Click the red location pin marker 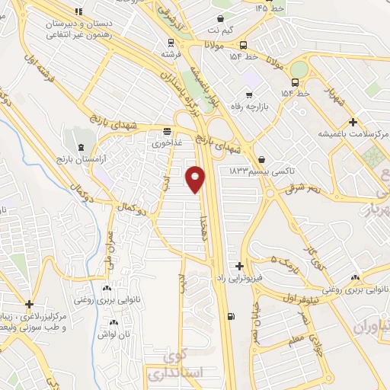pyautogui.click(x=196, y=179)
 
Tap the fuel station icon pyautogui.click(x=231, y=315)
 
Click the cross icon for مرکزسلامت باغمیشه pyautogui.click(x=353, y=122)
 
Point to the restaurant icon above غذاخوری pyautogui.click(x=167, y=130)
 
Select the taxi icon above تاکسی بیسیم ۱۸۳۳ pyautogui.click(x=263, y=159)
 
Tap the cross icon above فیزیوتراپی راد pyautogui.click(x=240, y=266)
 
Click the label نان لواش pyautogui.click(x=106, y=334)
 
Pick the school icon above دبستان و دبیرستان pyautogui.click(x=79, y=11)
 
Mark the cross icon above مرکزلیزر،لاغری pyautogui.click(x=28, y=304)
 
